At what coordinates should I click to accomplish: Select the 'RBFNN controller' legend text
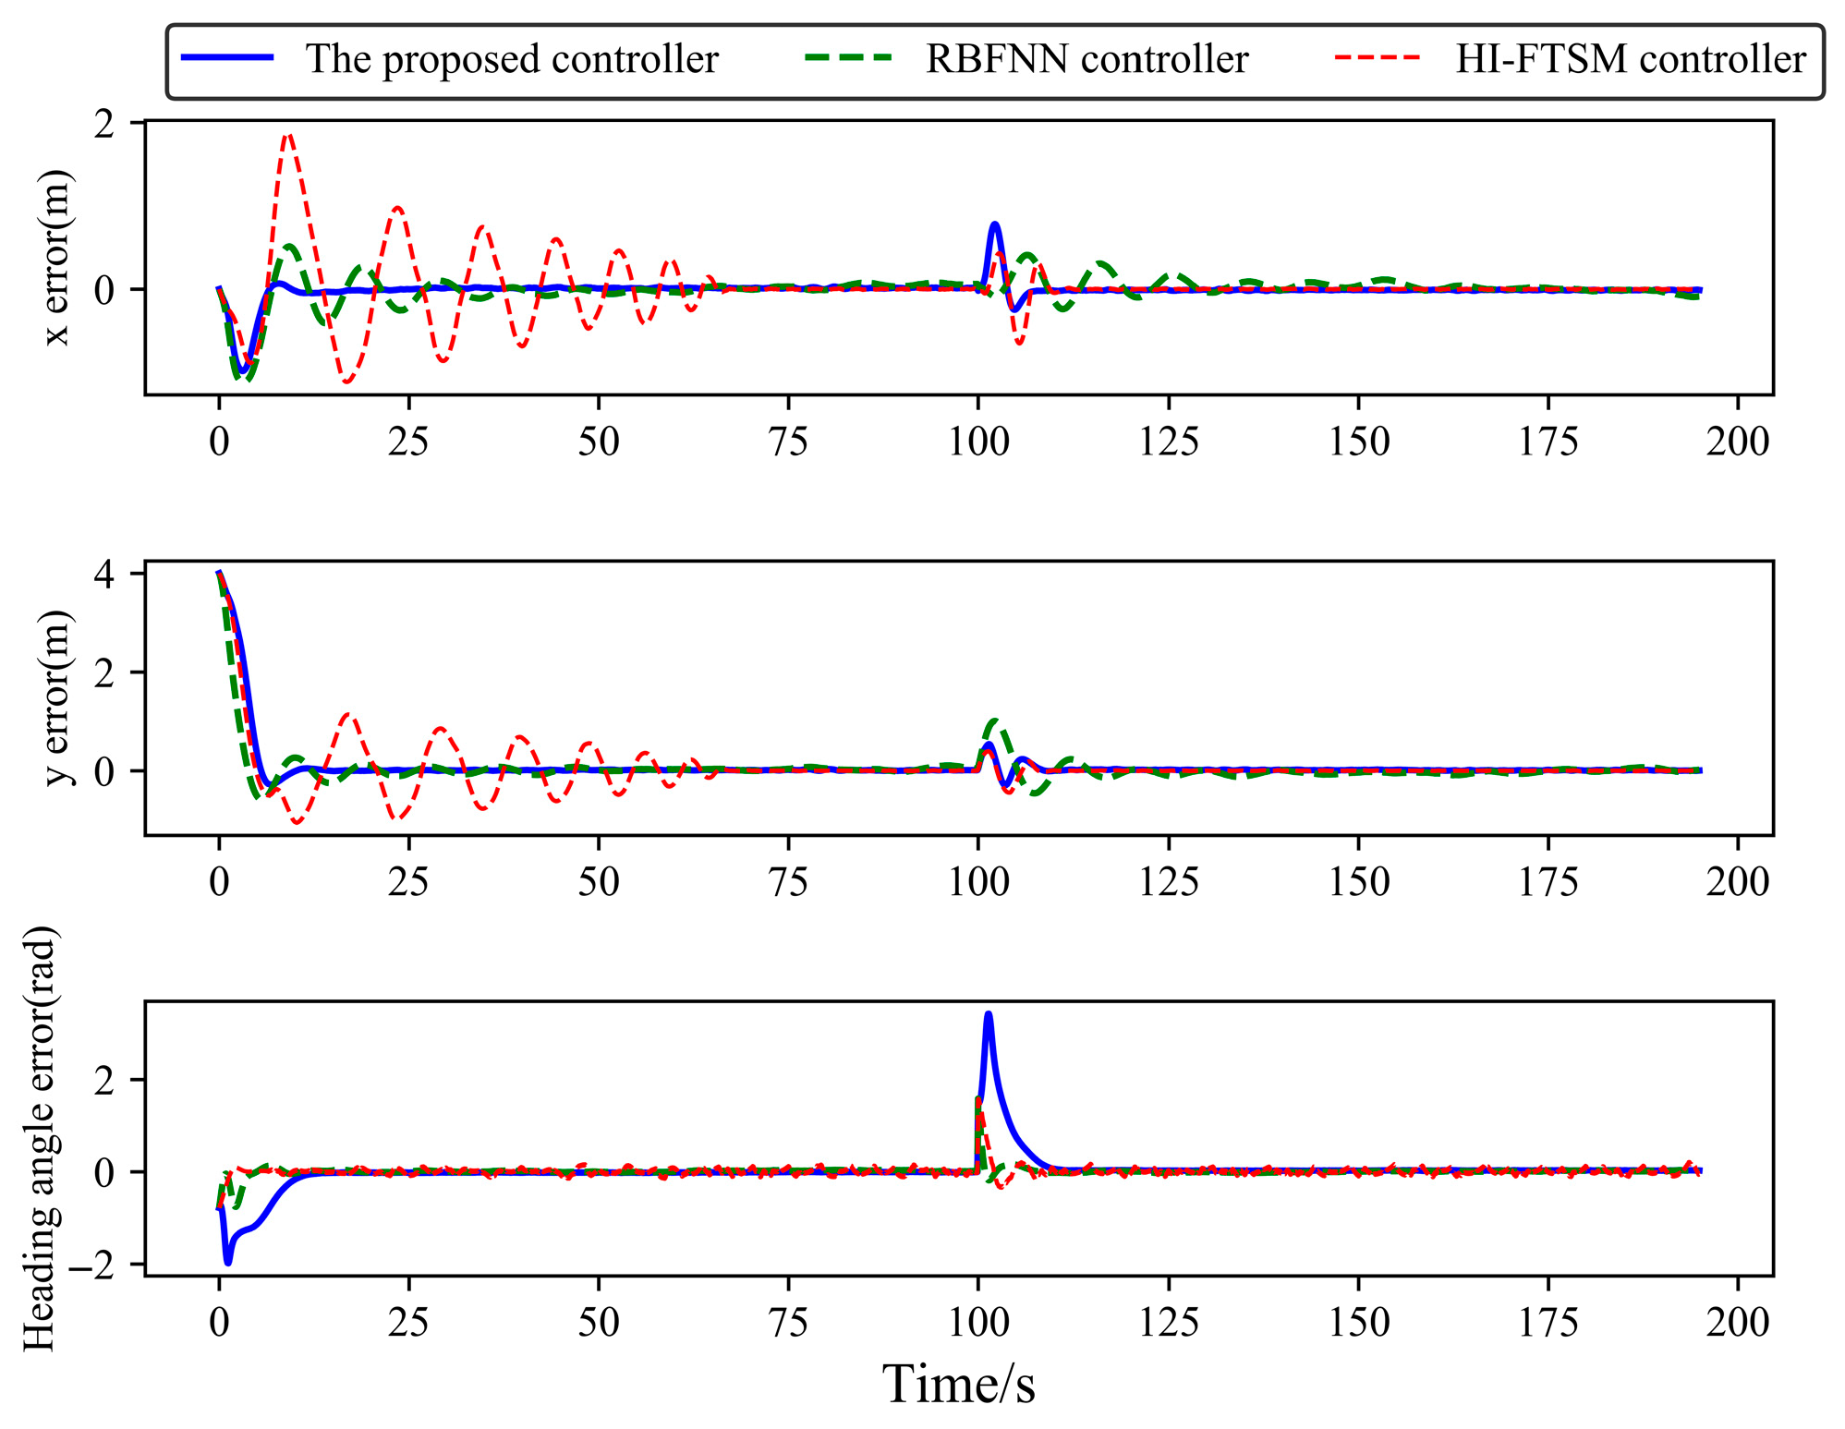[1086, 59]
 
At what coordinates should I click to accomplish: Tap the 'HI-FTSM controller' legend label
[1630, 59]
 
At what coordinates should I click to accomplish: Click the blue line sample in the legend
[227, 57]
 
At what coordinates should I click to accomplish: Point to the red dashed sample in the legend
[1378, 57]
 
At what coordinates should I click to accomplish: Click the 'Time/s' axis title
[958, 1385]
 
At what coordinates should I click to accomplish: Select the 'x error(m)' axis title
[57, 257]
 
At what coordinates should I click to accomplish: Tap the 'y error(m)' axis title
[57, 697]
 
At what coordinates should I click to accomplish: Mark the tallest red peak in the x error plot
[288, 135]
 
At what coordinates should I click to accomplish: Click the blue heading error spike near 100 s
[989, 1014]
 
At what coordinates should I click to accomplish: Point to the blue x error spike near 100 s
[994, 224]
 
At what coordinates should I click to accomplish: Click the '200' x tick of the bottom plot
[1737, 1323]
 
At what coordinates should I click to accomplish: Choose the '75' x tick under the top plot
[788, 442]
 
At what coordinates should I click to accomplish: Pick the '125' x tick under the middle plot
[1168, 882]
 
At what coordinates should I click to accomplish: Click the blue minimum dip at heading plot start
[228, 1262]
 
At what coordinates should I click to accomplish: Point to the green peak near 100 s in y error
[994, 721]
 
